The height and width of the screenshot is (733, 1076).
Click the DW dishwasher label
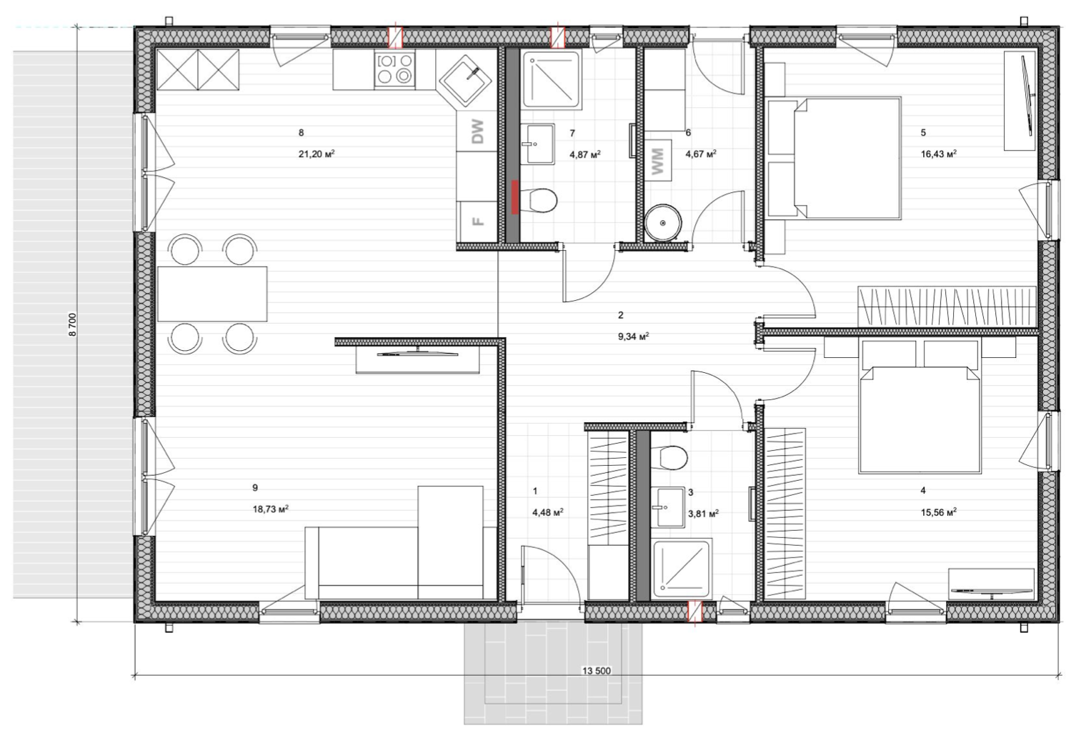[x=477, y=131]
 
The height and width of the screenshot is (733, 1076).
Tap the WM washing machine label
[x=657, y=161]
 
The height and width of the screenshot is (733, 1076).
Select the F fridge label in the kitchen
[x=477, y=221]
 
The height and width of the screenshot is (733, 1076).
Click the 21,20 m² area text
[x=317, y=154]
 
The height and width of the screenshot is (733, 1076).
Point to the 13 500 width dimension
[x=597, y=671]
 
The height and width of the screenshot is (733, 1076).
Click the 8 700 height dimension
[x=73, y=325]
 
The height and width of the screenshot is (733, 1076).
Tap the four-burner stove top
[x=395, y=69]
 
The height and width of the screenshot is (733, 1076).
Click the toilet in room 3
[x=672, y=457]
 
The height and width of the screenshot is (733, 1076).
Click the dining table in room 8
[x=212, y=294]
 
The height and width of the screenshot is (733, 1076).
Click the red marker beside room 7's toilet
[x=515, y=196]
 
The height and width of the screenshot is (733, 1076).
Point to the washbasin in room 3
[x=668, y=507]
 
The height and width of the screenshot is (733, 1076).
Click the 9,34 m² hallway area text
[x=634, y=336]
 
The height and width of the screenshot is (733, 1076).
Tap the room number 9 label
[x=255, y=487]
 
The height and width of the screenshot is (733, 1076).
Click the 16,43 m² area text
[x=938, y=154]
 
